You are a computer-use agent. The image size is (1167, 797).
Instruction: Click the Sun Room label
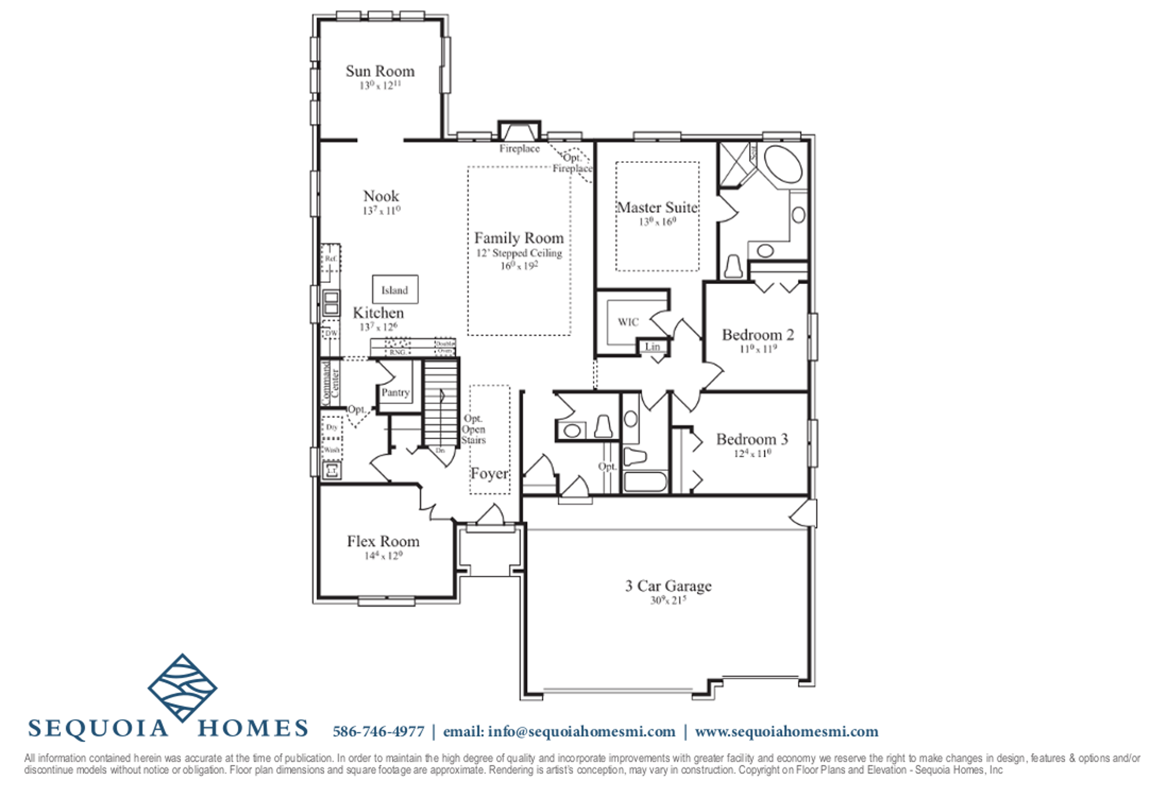(x=380, y=71)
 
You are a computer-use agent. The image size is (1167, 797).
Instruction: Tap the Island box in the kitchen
(x=395, y=289)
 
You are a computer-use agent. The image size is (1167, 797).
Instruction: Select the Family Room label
(x=519, y=238)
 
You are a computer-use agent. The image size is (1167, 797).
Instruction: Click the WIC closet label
(x=628, y=322)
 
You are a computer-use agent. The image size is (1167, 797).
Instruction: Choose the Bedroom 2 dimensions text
(x=758, y=349)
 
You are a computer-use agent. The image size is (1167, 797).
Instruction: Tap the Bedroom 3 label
(x=752, y=439)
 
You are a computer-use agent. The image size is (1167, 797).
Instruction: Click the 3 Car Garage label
(x=668, y=586)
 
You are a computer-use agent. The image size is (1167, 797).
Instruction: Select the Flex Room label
(x=383, y=541)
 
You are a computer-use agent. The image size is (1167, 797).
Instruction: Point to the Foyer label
(x=489, y=474)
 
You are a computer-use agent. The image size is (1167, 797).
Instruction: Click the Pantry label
(x=395, y=393)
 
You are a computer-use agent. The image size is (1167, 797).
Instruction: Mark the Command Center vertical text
(x=330, y=383)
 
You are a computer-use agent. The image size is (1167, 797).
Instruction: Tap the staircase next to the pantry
(x=440, y=403)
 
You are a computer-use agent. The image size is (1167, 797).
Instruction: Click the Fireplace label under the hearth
(x=519, y=149)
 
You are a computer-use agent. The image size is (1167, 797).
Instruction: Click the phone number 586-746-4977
(x=378, y=732)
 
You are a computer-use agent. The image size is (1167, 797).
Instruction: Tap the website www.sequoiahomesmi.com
(x=786, y=732)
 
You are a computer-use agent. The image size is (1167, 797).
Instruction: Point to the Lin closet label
(x=652, y=347)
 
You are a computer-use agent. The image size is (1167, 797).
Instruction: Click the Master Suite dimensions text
(x=657, y=222)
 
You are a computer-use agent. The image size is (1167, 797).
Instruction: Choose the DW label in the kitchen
(x=331, y=333)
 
